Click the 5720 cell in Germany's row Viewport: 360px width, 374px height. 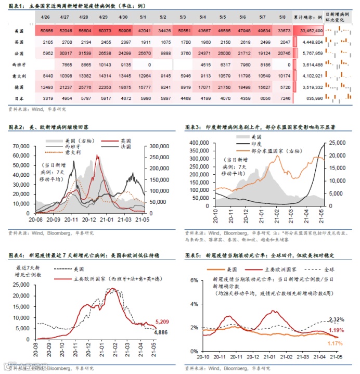tap(284, 86)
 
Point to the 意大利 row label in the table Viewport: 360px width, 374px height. tap(19, 76)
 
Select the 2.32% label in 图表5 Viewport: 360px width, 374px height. tap(336, 319)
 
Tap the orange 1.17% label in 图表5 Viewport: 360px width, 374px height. tap(335, 343)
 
